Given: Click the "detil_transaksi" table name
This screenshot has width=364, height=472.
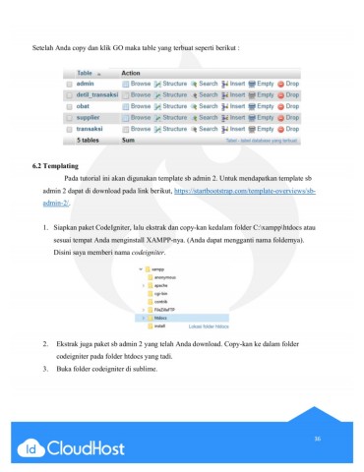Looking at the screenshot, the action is tap(96, 95).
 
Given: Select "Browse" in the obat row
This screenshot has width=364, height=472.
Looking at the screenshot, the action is tap(139, 106).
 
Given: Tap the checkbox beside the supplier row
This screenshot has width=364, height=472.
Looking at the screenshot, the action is tap(67, 117).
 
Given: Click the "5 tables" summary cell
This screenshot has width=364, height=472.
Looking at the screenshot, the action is tap(92, 140).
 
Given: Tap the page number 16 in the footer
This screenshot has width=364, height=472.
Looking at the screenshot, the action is tap(317, 438).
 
